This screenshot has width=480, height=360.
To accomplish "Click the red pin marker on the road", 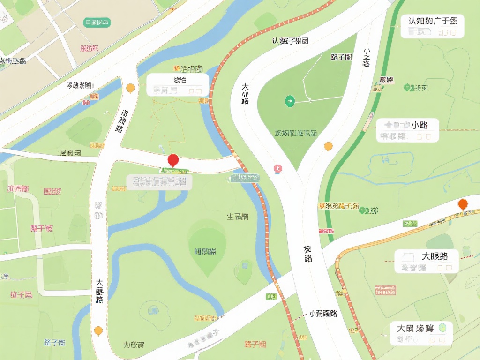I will click(173, 160).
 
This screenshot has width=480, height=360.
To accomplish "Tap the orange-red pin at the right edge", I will click(463, 204).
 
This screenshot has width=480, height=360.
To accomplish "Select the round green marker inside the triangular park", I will click(290, 100).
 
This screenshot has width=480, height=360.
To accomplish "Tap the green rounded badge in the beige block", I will click(97, 22).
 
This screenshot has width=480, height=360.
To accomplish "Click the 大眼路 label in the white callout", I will click(435, 256).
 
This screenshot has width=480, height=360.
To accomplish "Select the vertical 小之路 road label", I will click(366, 57).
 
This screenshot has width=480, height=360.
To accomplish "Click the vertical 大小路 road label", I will click(245, 93).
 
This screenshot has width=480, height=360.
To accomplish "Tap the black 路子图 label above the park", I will click(341, 57).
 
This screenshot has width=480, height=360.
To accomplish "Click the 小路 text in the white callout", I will click(420, 125).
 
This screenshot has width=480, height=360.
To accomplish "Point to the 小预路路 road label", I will click(323, 314).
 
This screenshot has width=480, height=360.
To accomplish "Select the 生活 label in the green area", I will click(238, 217).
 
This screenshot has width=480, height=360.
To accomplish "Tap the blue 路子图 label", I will click(54, 342).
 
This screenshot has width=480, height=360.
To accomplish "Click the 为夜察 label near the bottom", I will click(134, 345).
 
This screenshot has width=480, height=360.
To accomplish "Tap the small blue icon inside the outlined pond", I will click(385, 160).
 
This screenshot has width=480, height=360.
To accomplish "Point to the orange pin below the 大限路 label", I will click(98, 330).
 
